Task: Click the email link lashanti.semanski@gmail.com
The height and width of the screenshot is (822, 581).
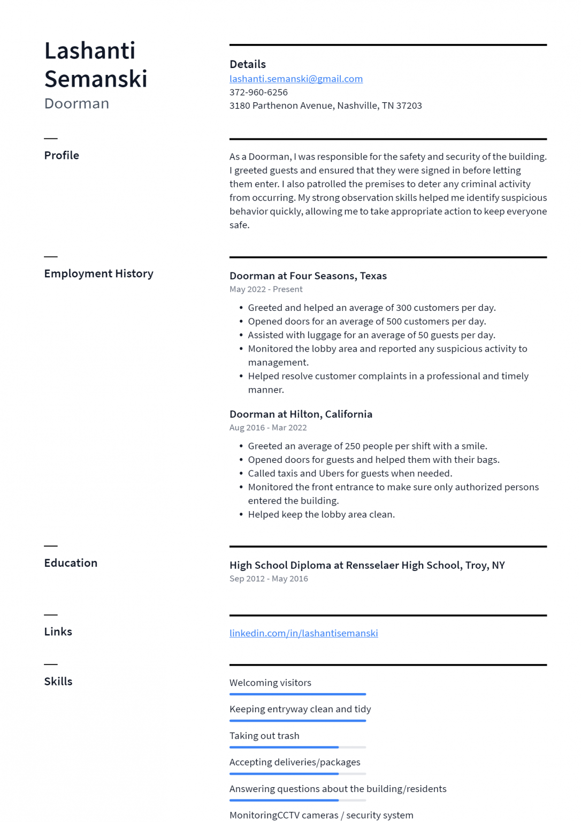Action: coord(296,79)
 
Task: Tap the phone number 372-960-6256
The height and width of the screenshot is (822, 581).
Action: coord(258,92)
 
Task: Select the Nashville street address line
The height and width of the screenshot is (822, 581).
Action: coord(325,105)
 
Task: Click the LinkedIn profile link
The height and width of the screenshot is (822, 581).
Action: coord(303,633)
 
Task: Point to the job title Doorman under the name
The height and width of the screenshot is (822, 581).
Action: coord(77,103)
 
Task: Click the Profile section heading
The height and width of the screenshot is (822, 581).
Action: coord(62,155)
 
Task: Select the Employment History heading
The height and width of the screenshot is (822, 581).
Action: coord(98,273)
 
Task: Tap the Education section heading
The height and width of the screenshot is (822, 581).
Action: coord(71,563)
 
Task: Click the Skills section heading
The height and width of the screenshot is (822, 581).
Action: coord(58,681)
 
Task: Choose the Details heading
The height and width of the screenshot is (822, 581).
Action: coord(247,64)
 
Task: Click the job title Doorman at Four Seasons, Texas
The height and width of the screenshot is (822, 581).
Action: coord(308,276)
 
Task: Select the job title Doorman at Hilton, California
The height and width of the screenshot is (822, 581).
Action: coord(301,414)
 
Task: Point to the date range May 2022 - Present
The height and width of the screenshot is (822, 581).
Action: coord(266,289)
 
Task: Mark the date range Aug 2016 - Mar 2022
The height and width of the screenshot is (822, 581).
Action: coord(268,428)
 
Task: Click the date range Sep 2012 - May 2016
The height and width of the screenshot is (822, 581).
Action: coord(269,579)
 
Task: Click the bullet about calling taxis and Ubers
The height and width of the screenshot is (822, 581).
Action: coord(350,473)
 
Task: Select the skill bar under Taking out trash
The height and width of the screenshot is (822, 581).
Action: coord(297,747)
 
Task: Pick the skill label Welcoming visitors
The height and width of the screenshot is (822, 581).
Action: coord(270,683)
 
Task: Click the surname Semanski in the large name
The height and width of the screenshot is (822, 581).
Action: coord(96,79)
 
